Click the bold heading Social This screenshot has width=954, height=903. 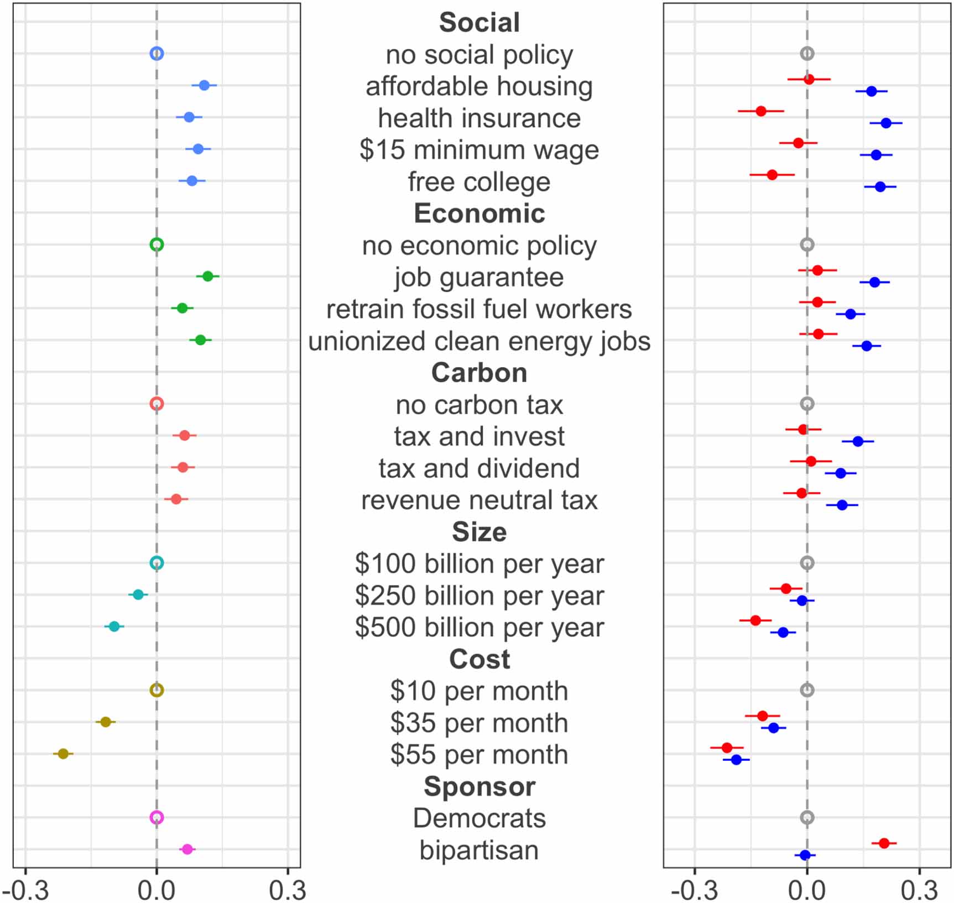[479, 23]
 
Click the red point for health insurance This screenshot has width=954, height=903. [761, 111]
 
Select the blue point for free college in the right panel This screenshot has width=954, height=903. [880, 187]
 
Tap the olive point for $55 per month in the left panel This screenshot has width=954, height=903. [63, 754]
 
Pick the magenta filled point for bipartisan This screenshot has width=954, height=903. [187, 849]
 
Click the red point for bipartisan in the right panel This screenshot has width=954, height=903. [884, 843]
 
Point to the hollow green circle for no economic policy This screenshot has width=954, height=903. [157, 244]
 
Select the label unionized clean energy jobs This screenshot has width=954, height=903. [479, 341]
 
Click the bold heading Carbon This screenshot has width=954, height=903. [479, 373]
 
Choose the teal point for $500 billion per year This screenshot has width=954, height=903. [114, 627]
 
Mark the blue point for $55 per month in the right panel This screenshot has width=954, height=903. [736, 760]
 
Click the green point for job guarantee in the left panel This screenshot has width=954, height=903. [207, 276]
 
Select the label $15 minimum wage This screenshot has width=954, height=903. [479, 150]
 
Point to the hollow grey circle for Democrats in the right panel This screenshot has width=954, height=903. [807, 817]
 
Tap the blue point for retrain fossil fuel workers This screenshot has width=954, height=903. [851, 314]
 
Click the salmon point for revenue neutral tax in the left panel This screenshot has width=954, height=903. [176, 499]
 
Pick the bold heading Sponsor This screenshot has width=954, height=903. [479, 786]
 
